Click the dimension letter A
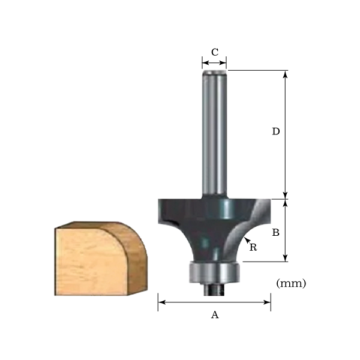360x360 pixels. click(x=215, y=315)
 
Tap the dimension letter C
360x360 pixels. click(x=215, y=52)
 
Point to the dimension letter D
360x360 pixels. click(x=276, y=131)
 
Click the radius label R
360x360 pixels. click(x=253, y=247)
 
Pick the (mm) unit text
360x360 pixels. click(x=292, y=283)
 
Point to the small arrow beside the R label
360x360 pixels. click(x=247, y=240)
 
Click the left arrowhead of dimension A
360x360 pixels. click(x=161, y=302)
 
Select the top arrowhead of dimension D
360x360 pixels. click(x=286, y=74)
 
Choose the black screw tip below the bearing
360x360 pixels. click(x=214, y=289)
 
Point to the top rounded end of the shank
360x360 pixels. click(x=215, y=73)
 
